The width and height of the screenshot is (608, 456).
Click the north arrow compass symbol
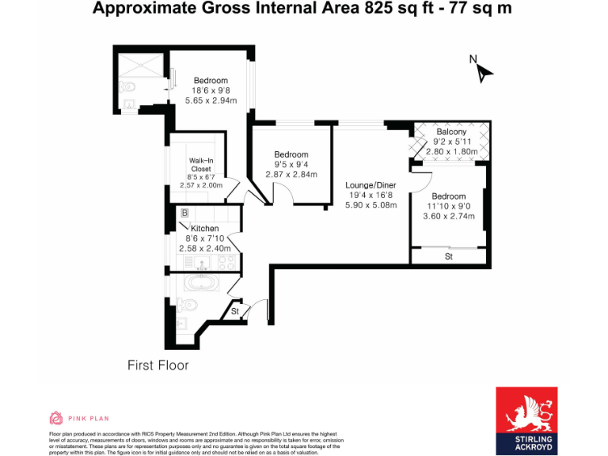(481, 70)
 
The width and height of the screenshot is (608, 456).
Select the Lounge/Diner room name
(370, 185)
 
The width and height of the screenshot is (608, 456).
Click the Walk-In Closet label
(200, 165)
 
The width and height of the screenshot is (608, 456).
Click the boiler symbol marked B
(184, 213)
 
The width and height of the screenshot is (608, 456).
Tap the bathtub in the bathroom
(199, 284)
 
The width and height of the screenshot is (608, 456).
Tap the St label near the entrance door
(235, 312)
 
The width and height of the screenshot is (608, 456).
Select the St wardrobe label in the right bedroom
(448, 256)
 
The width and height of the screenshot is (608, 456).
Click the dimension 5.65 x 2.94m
(211, 101)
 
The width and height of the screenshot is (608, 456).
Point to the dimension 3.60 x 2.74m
(449, 216)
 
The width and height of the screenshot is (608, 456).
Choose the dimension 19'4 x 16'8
(370, 196)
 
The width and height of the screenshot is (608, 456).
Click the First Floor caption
(158, 365)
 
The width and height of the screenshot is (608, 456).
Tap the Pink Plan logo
(78, 418)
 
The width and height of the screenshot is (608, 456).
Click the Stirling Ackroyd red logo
(526, 420)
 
